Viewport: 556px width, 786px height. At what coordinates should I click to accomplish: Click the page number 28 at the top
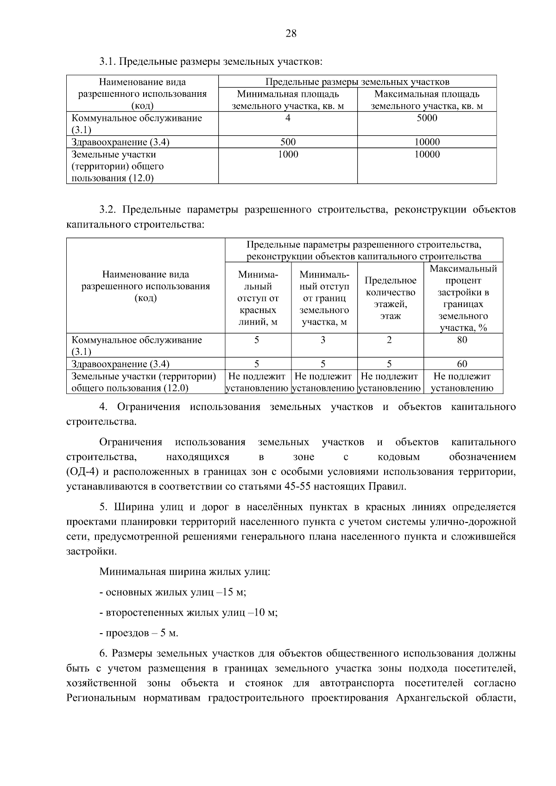[x=291, y=33]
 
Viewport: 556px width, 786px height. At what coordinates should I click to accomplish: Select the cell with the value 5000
[x=427, y=118]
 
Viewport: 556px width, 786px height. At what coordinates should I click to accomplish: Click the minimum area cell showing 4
[x=288, y=118]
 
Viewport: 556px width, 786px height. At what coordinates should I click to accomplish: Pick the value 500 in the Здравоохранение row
[x=288, y=142]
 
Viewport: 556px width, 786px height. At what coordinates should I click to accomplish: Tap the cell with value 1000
[x=288, y=154]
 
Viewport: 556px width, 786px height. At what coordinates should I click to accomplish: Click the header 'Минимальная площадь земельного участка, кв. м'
[x=288, y=100]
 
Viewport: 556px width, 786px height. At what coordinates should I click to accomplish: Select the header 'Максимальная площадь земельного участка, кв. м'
[x=427, y=100]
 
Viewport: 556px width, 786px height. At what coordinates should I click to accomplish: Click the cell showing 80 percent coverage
[x=462, y=340]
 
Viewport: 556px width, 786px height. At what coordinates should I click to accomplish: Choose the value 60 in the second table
[x=462, y=364]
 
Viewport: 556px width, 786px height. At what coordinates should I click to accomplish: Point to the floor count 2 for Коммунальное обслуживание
[x=389, y=340]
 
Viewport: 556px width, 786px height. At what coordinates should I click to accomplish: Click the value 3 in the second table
[x=323, y=340]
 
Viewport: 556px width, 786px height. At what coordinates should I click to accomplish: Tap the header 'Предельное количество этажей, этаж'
[x=390, y=298]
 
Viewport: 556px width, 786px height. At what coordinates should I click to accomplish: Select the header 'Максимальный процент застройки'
[x=463, y=298]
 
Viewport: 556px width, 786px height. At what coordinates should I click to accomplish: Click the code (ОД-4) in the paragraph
[x=82, y=472]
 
